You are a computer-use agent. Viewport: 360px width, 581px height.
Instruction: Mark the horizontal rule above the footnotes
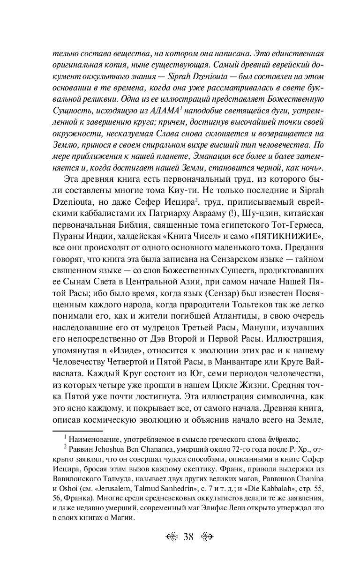77,430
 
